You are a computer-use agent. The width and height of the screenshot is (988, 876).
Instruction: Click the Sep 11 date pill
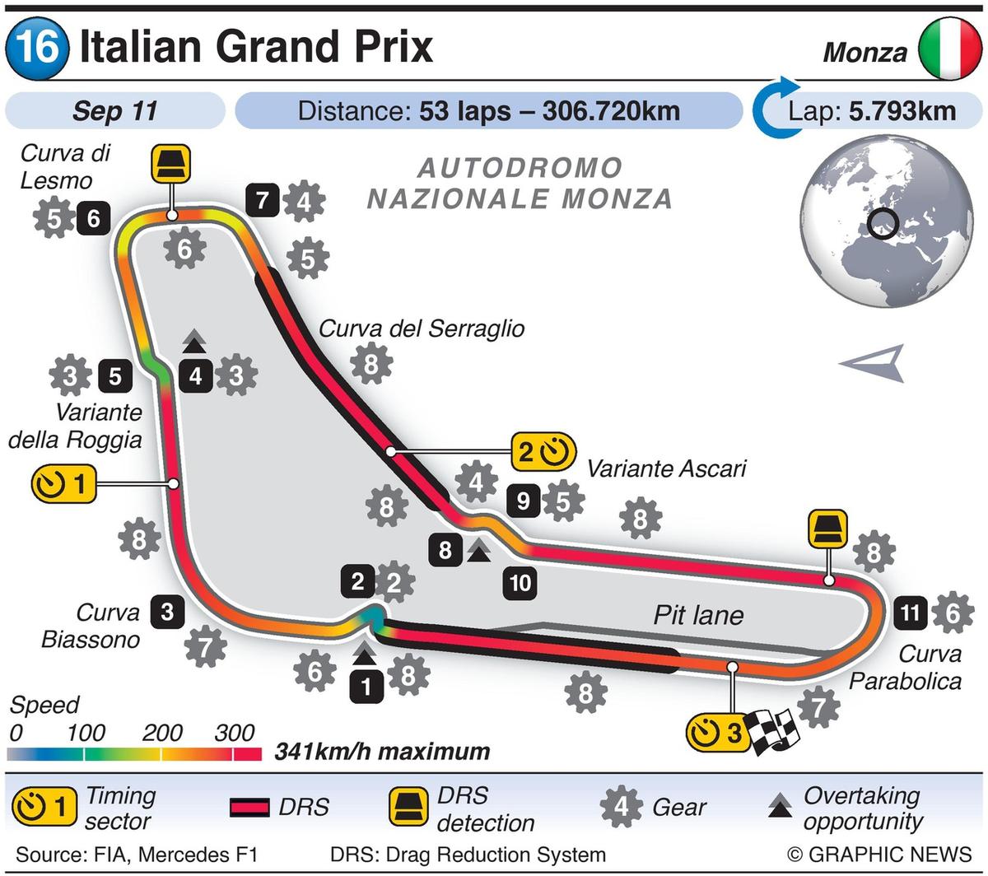tap(115, 111)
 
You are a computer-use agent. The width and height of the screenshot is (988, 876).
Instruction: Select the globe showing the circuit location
tap(885, 223)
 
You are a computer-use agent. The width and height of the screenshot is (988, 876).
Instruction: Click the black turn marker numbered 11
tap(910, 613)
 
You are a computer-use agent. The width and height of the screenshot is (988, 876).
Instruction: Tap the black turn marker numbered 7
tap(262, 200)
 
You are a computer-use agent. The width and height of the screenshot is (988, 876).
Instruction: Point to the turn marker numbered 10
tap(520, 584)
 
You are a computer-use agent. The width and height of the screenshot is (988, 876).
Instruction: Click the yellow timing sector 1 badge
tap(63, 484)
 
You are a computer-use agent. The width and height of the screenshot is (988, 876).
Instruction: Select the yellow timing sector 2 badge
tap(542, 451)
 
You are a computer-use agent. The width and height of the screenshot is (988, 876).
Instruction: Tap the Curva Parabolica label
tap(918, 667)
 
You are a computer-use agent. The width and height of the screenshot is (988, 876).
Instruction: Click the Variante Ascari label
tap(666, 468)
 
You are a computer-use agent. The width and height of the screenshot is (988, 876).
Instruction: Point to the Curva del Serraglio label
tap(422, 328)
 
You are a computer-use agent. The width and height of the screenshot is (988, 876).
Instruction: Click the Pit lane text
tap(698, 615)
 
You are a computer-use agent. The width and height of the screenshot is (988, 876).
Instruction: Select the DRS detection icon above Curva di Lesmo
tap(171, 163)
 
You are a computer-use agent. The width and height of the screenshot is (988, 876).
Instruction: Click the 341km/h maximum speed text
tap(382, 752)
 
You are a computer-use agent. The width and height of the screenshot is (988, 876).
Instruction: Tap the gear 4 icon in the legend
tap(622, 808)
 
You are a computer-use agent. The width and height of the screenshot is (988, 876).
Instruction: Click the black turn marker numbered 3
tap(167, 612)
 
